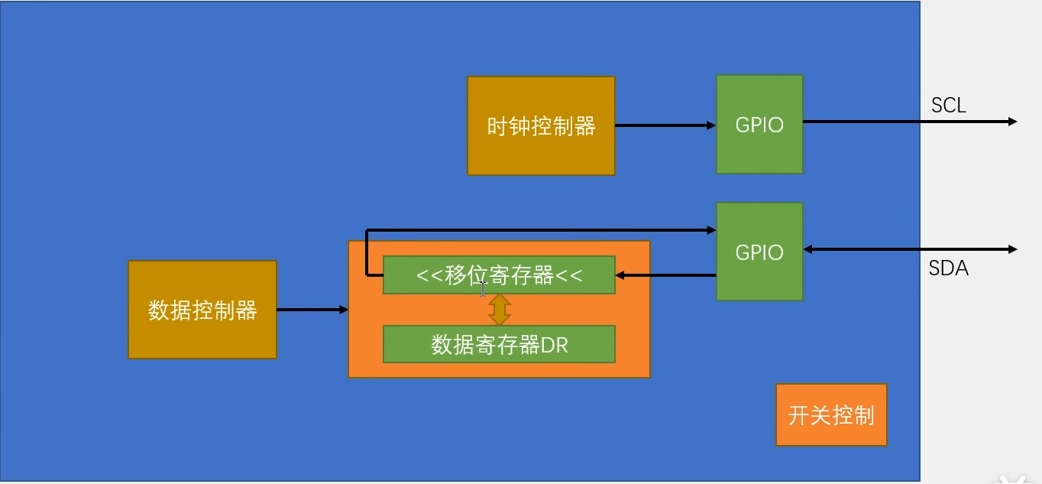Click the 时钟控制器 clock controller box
(541, 126)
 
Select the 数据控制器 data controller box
(202, 310)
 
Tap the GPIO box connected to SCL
(759, 124)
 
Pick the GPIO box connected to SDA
(759, 252)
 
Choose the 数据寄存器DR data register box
(499, 345)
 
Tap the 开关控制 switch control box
(831, 415)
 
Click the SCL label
(948, 106)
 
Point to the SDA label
(948, 268)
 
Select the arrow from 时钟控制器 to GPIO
(665, 125)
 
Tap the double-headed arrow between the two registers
(499, 310)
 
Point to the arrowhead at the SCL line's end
(1012, 122)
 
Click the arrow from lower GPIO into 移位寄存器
(665, 275)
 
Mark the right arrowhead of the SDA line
(1012, 249)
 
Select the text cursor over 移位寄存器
(483, 288)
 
